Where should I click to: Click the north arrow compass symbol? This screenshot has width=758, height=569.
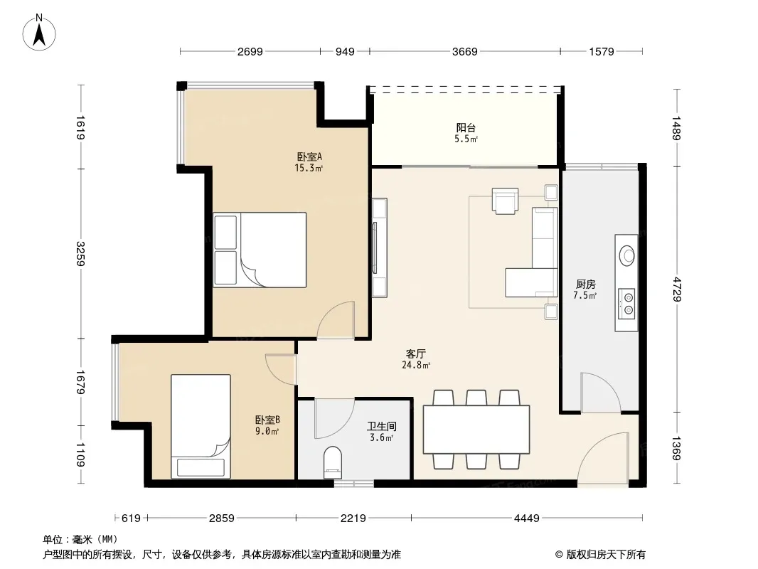coord(39,33)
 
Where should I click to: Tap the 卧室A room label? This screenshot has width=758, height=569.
coord(309,156)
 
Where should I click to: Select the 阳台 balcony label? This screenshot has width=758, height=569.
coord(466,127)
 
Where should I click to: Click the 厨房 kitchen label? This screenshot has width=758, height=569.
coord(585,284)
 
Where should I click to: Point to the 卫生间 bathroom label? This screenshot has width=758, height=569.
coord(381,426)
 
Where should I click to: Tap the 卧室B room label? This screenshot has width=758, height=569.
coord(267,420)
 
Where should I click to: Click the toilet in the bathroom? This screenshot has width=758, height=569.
coord(332,462)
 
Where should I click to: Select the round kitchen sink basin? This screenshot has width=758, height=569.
coord(627,255)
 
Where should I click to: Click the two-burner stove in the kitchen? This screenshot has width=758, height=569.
coord(626,303)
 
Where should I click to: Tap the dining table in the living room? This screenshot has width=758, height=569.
coord(476,430)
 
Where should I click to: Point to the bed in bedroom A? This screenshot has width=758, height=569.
coord(260,250)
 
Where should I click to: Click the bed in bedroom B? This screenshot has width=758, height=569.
coord(201,426)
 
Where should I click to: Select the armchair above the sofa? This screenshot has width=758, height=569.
coord(505,201)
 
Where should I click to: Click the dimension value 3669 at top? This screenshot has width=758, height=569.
coord(464,51)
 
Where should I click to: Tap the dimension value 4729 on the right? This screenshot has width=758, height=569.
coord(676,289)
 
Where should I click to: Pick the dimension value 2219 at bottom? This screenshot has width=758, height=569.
coord(353,519)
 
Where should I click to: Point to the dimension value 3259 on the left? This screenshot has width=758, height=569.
coord(81,254)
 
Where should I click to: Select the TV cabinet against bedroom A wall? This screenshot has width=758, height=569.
coord(380,248)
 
